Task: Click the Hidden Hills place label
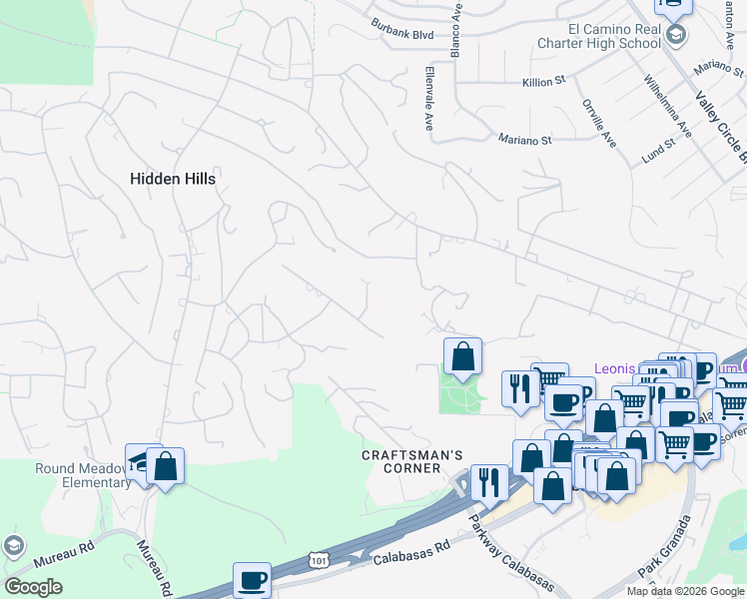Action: pyautogui.click(x=173, y=178)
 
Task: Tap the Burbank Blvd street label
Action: pyautogui.click(x=402, y=28)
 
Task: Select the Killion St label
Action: pyautogui.click(x=543, y=83)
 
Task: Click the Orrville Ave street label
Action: pyautogui.click(x=598, y=123)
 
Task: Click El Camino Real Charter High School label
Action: pyautogui.click(x=599, y=36)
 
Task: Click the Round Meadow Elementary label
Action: pyautogui.click(x=70, y=475)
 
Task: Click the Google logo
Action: pyautogui.click(x=34, y=587)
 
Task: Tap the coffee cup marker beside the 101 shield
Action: pyautogui.click(x=252, y=578)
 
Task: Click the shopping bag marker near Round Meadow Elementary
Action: pyautogui.click(x=165, y=465)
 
